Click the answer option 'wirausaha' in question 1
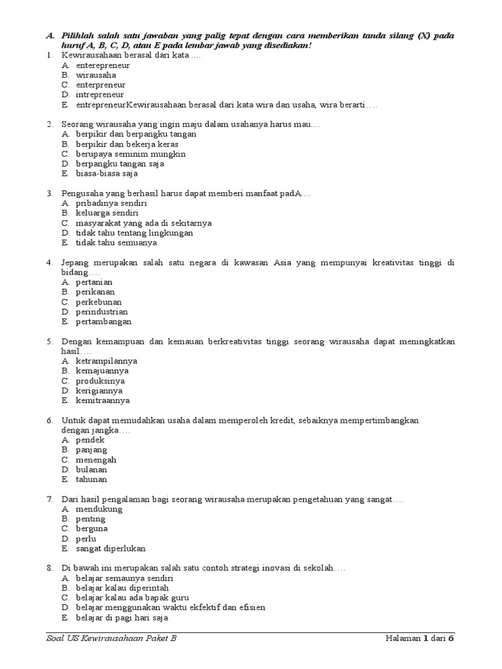[x=96, y=75]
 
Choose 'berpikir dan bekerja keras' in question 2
[x=127, y=144]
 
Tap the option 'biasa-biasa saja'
[x=107, y=174]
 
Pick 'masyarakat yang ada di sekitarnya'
[x=143, y=223]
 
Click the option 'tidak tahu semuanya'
[x=116, y=242]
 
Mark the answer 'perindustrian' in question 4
[x=102, y=312]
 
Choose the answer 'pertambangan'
[x=103, y=321]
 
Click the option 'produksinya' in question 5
[x=101, y=381]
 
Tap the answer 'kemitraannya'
[x=103, y=400]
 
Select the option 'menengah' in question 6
[x=96, y=460]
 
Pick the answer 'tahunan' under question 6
[x=92, y=479]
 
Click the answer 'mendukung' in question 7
[x=99, y=509]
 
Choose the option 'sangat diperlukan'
[x=110, y=548]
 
